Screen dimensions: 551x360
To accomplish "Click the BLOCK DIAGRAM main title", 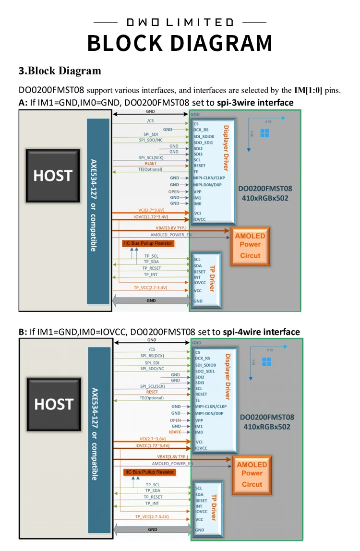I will pos(180,43).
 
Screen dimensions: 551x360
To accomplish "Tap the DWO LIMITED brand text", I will pos(180,22).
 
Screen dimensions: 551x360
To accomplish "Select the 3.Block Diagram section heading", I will pos(60,71).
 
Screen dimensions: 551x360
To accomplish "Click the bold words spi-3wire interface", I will pos(254,102).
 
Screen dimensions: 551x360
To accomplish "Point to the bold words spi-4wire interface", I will pos(261,332).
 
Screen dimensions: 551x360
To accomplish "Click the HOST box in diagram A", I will pos(53,176).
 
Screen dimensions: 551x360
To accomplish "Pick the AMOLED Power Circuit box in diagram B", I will pos(252,474).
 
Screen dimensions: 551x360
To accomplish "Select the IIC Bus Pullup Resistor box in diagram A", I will pos(148,243).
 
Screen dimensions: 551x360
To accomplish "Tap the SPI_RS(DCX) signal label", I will pos(153,356).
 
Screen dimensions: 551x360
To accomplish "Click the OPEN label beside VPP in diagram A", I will pos(174,191).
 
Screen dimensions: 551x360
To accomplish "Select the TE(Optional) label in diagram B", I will pos(152,398).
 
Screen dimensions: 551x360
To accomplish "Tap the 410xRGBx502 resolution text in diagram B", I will pos(267,427).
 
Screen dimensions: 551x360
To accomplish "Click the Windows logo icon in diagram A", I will pos(264,133).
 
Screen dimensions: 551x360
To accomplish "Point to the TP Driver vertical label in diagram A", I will pos(212,278).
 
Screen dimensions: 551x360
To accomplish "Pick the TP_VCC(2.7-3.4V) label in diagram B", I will pos(152,516).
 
